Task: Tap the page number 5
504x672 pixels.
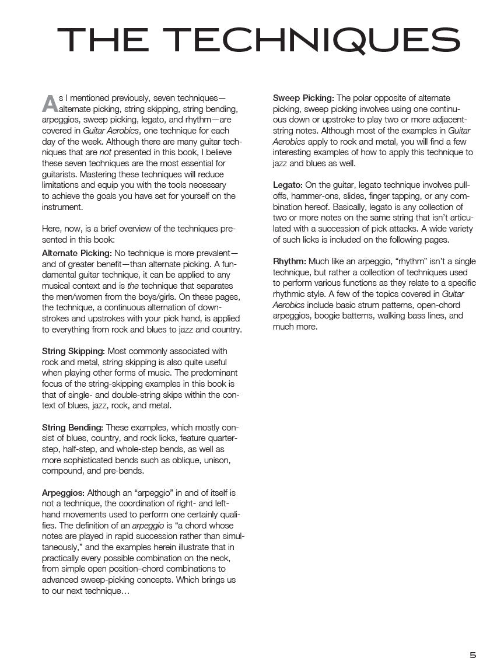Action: pyautogui.click(x=473, y=655)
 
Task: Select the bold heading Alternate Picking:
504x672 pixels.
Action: pyautogui.click(x=77, y=253)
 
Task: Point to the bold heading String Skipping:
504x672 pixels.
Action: pyautogui.click(x=73, y=351)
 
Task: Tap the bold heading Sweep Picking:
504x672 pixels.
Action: pyautogui.click(x=303, y=98)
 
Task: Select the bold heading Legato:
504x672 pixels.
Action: pyautogui.click(x=288, y=185)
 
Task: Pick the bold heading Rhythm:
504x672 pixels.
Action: pyautogui.click(x=289, y=261)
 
